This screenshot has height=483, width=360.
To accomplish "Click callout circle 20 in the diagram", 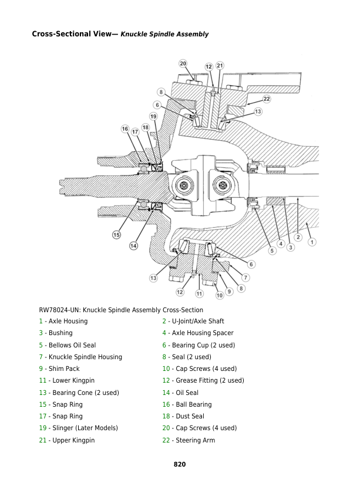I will [x=183, y=63].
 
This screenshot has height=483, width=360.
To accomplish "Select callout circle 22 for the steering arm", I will [x=266, y=99].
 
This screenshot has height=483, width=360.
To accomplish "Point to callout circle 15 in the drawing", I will [x=116, y=235].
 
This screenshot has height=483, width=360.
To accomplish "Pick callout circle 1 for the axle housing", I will [x=312, y=241].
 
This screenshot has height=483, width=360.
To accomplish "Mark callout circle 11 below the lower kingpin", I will [x=200, y=293].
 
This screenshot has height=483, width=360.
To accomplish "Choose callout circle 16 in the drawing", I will [x=125, y=129].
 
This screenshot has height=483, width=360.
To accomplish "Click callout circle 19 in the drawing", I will [x=153, y=117].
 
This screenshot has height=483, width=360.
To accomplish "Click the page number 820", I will [x=180, y=464].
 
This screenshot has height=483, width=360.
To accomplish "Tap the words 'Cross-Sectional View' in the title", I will [x=70, y=34].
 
